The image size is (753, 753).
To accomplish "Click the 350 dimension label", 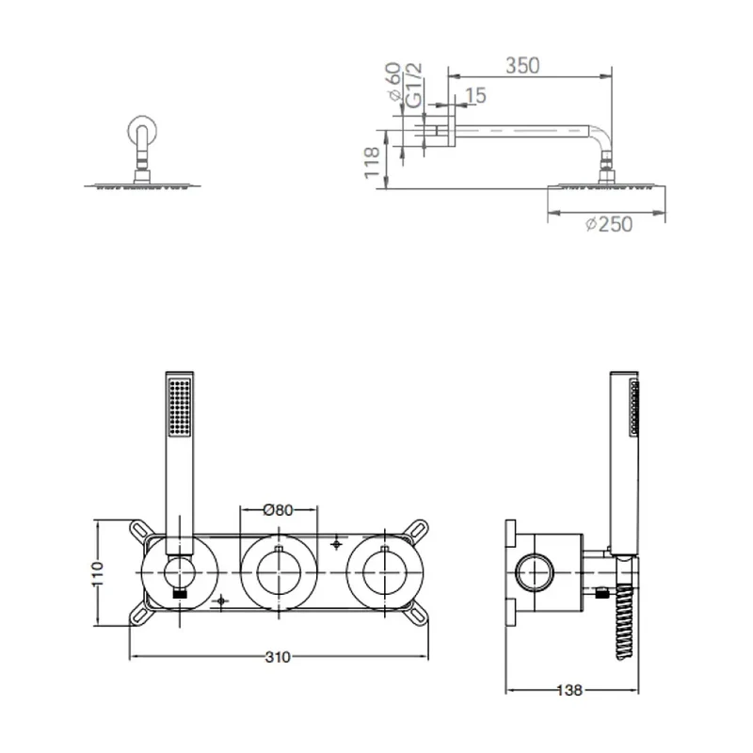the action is coord(522,65).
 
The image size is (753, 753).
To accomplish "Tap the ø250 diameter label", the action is coord(609,224).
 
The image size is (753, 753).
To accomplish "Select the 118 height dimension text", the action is coord(372,163).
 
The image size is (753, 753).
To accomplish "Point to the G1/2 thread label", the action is coord(413,85).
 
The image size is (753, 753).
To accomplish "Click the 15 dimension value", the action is coord(476,96).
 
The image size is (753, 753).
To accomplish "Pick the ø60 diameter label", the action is coord(393,82).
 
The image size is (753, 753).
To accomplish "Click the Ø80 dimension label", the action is coord(278,509).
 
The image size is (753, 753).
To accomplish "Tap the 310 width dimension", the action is coord(278,656).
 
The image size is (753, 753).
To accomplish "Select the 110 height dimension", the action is coord(98,573).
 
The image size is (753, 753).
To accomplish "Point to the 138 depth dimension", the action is coord(569,691).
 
